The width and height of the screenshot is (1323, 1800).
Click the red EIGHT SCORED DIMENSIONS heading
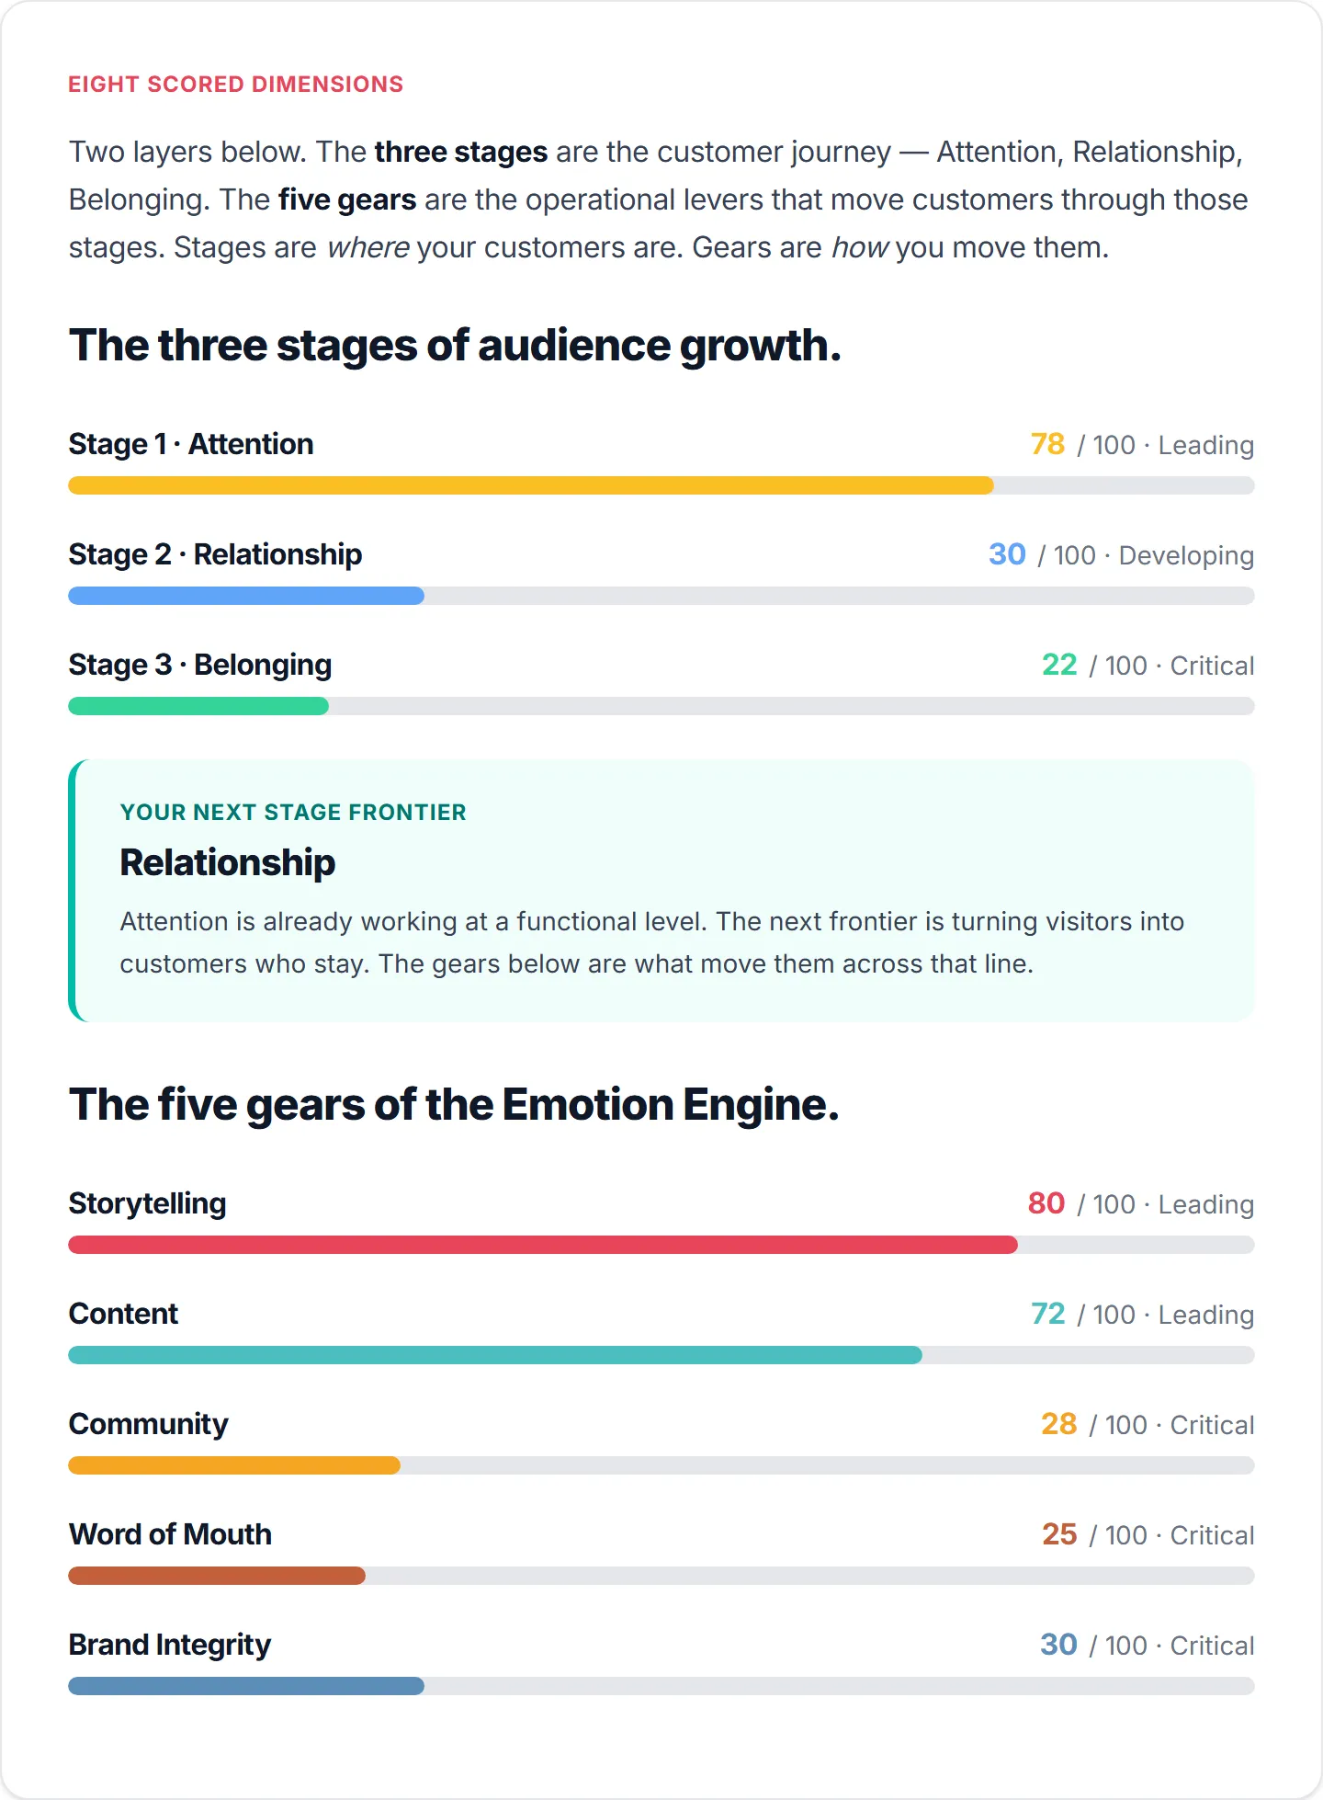(x=236, y=85)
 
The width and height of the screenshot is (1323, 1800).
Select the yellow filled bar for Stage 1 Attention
(x=531, y=485)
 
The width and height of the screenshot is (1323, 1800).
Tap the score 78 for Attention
(x=1047, y=444)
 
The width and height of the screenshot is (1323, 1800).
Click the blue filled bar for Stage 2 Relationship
(x=246, y=596)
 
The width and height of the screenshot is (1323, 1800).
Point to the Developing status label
(x=1186, y=556)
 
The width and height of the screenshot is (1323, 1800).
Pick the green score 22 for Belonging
(x=1059, y=665)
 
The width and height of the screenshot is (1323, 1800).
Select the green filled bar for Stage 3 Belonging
(x=198, y=706)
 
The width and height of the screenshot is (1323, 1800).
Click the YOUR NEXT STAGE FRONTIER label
(x=293, y=812)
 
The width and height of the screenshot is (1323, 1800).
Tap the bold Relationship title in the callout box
(x=228, y=862)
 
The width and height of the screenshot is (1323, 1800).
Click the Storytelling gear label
(x=148, y=1203)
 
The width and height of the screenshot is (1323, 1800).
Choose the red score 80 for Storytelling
(x=1046, y=1203)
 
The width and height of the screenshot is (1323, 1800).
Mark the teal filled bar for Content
(x=495, y=1355)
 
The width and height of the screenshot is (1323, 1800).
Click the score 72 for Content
(x=1048, y=1314)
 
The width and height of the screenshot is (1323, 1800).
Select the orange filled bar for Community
(x=234, y=1465)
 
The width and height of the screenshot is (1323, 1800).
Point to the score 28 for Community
(x=1059, y=1424)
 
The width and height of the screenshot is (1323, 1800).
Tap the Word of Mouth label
(x=170, y=1534)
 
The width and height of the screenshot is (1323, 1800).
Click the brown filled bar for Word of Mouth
(x=217, y=1576)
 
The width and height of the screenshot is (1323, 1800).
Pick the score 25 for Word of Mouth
(x=1059, y=1534)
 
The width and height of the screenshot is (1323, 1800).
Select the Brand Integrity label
(x=170, y=1645)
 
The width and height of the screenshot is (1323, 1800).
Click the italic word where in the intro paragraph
(x=368, y=248)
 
